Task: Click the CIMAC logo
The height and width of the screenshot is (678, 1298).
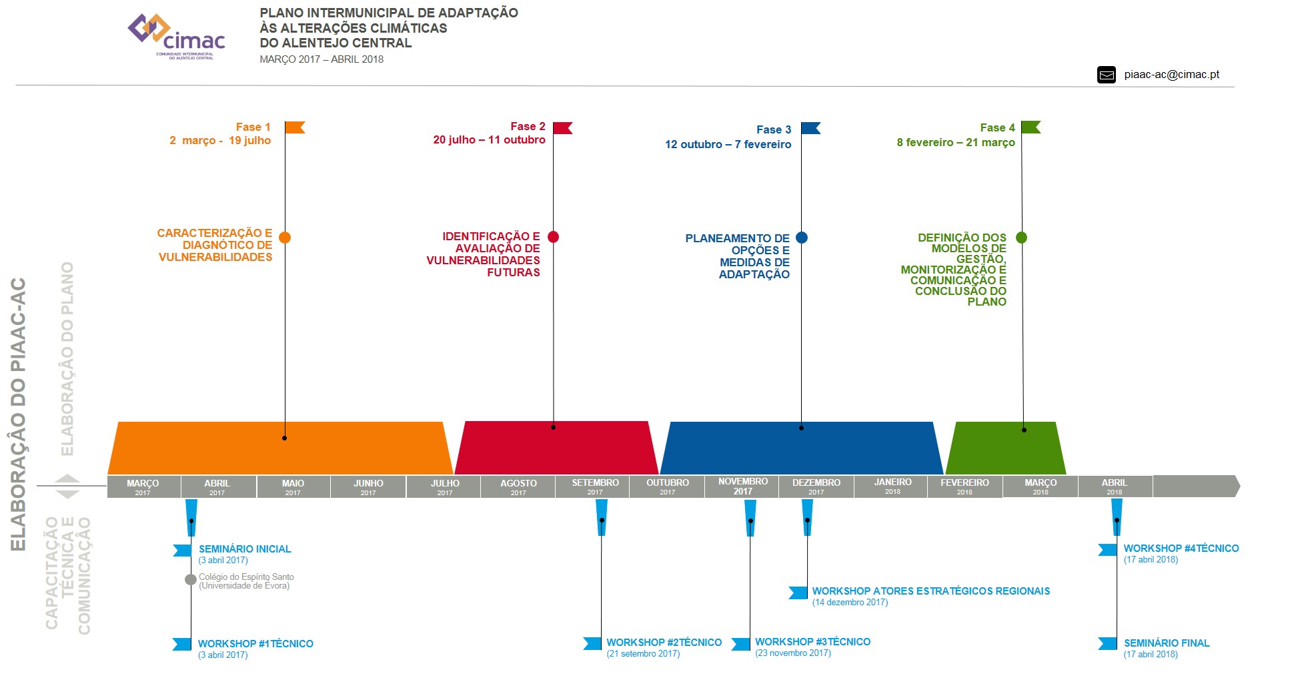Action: (177, 37)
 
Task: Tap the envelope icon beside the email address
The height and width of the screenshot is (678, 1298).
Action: (1106, 75)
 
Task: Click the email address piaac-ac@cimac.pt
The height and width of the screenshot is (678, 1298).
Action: (1171, 75)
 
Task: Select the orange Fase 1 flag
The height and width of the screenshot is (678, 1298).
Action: (294, 127)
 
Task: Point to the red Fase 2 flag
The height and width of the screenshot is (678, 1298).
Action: (562, 127)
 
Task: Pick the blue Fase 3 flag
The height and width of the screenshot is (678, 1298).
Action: (810, 128)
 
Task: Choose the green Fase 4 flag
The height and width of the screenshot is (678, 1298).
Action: (1031, 127)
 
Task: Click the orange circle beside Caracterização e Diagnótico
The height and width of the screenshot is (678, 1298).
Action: (285, 238)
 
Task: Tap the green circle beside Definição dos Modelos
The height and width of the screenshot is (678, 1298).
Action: (1021, 238)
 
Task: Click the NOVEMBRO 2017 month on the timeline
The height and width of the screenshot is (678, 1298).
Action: (742, 486)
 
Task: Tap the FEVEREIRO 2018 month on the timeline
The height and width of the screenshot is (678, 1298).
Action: (964, 486)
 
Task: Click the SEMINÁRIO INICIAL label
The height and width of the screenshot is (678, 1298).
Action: (245, 549)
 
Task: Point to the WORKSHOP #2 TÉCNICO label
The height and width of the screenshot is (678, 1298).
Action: (664, 643)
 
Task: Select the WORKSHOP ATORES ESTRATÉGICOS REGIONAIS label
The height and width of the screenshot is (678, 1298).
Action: (930, 591)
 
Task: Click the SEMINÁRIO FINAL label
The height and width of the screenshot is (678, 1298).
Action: (1166, 643)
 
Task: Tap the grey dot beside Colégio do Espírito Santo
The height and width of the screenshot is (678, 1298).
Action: (191, 579)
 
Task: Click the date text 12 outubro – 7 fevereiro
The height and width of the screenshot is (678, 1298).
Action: (728, 144)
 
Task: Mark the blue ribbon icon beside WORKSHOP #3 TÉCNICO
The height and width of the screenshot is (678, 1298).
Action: (740, 644)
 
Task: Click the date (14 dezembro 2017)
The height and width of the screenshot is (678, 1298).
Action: (850, 603)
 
